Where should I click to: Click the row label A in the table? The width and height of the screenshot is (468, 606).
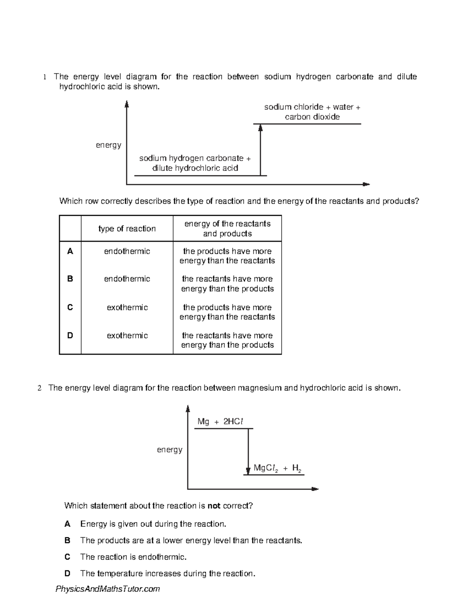point(70,251)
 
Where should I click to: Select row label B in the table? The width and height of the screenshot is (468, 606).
point(70,279)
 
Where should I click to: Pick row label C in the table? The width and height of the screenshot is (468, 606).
point(70,307)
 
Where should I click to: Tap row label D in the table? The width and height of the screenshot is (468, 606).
point(70,336)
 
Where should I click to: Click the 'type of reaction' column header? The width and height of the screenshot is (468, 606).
point(127,229)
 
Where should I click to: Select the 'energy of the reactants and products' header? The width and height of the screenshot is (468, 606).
point(227,229)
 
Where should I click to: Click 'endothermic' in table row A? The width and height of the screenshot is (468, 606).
point(127,251)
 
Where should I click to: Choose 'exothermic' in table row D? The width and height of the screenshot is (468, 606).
point(127,336)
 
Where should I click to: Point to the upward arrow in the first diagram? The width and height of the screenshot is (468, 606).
point(261,150)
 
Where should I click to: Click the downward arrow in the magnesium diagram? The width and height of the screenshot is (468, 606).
point(248,451)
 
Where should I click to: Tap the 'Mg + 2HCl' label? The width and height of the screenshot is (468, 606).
point(221,421)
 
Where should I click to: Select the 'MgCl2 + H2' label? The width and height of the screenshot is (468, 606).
point(278,468)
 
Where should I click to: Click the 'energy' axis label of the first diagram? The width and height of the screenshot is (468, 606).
point(108,145)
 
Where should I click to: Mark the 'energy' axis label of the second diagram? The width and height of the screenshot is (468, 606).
point(170,450)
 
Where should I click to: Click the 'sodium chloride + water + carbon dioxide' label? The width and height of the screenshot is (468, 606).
point(312,112)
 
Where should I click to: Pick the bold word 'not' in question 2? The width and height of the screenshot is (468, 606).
point(214,506)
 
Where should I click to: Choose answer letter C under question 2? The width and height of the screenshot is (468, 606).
point(67,557)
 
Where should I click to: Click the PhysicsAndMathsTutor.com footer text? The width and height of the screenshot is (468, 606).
point(108,589)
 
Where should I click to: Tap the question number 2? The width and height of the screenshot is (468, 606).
point(39,388)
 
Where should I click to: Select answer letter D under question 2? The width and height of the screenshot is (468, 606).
point(67,574)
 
